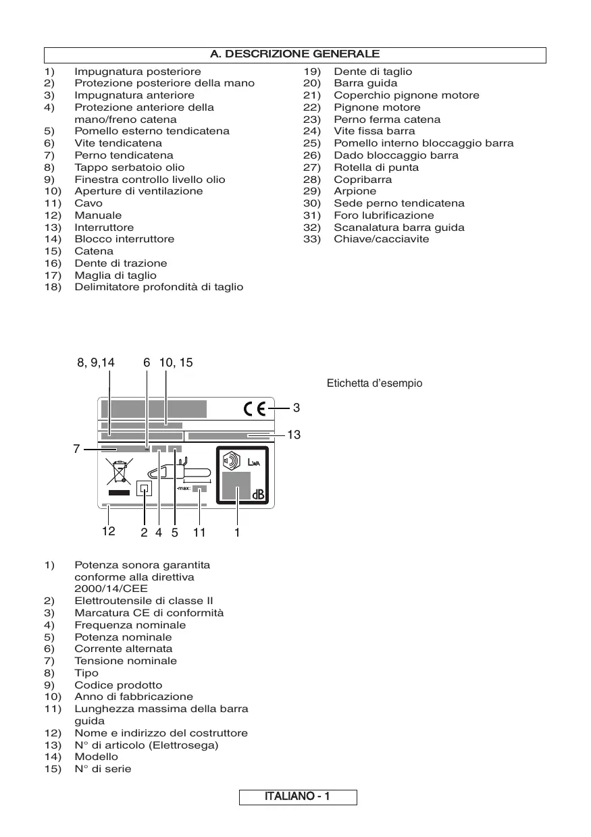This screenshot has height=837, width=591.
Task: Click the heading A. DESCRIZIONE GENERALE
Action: point(295,54)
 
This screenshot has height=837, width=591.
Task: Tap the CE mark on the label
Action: point(255,408)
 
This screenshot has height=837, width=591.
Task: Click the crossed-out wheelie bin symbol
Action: point(119,472)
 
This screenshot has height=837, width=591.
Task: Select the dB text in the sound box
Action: point(258,495)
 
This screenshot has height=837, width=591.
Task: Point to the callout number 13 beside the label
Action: point(293,435)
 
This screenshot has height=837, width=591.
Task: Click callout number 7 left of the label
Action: point(77,449)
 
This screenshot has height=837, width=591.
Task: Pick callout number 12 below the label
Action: point(108,531)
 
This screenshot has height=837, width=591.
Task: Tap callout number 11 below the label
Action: point(199,532)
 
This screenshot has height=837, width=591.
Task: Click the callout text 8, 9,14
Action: point(96,362)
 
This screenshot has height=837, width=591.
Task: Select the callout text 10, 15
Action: point(176,362)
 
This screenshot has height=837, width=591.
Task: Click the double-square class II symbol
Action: point(144,488)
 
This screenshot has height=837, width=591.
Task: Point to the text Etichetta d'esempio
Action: point(374,383)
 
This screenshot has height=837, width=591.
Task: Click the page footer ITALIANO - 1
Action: point(297,797)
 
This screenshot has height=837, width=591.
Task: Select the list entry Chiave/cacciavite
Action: point(381,240)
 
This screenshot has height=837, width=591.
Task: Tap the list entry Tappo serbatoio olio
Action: point(129,167)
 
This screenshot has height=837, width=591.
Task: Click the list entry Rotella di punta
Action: point(376,167)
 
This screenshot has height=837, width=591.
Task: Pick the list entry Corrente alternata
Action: point(123,649)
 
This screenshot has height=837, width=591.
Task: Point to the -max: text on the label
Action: point(183,489)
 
